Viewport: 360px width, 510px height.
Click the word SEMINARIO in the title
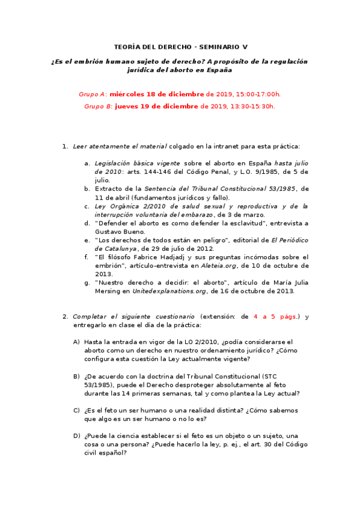pos(219,47)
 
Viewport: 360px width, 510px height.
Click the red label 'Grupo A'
pos(93,94)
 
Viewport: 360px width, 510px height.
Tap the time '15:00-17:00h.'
pos(258,94)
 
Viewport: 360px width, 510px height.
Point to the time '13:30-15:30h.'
pos(252,106)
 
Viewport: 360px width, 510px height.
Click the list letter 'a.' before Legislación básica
pos(87,163)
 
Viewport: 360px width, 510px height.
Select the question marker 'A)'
pos(76,342)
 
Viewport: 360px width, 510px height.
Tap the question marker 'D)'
pos(76,435)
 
